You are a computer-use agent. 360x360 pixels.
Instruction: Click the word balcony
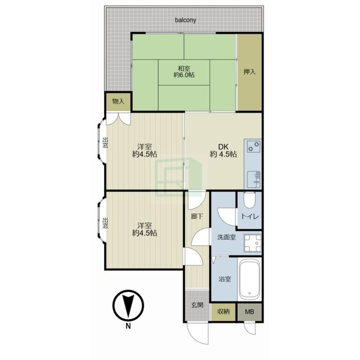click(186, 20)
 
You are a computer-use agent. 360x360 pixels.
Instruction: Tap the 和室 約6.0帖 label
click(184, 72)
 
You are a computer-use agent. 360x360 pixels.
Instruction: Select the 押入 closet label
click(249, 72)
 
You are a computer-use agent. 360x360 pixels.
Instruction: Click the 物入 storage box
click(118, 102)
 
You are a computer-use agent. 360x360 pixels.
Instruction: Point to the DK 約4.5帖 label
click(223, 150)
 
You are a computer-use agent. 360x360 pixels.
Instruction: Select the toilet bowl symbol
click(249, 200)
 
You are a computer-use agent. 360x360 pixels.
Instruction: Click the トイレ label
click(250, 216)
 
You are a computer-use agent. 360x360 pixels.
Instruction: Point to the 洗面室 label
click(227, 237)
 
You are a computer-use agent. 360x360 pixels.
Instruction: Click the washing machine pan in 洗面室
click(252, 243)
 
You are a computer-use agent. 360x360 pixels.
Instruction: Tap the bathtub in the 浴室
click(249, 279)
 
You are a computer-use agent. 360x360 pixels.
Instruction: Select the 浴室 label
click(225, 279)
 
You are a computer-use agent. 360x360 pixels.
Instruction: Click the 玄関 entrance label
click(197, 305)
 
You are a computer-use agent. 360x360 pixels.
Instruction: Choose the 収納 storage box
click(223, 312)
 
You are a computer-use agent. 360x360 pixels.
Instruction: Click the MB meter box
click(250, 312)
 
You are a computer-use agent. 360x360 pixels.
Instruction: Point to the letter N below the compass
click(128, 326)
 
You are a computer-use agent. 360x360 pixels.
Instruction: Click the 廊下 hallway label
click(197, 216)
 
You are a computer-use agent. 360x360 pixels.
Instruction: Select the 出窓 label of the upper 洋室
click(105, 143)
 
